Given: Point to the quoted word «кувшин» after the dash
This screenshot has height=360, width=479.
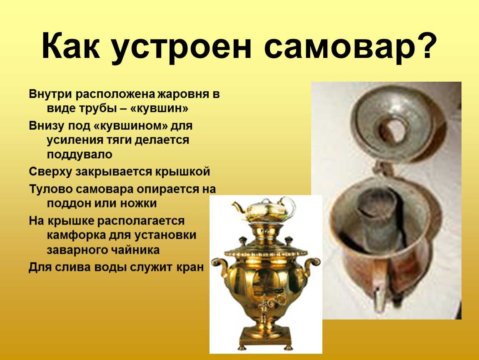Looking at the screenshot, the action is tap(159, 108).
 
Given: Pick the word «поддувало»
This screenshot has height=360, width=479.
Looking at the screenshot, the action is tap(80, 154).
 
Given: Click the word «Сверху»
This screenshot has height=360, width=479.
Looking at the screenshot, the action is tap(50, 171).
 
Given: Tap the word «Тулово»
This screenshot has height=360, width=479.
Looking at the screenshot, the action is tap(50, 189).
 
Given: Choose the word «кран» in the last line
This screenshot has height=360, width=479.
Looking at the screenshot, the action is tap(190, 267).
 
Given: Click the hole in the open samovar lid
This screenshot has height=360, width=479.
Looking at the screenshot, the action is tap(393, 130).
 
